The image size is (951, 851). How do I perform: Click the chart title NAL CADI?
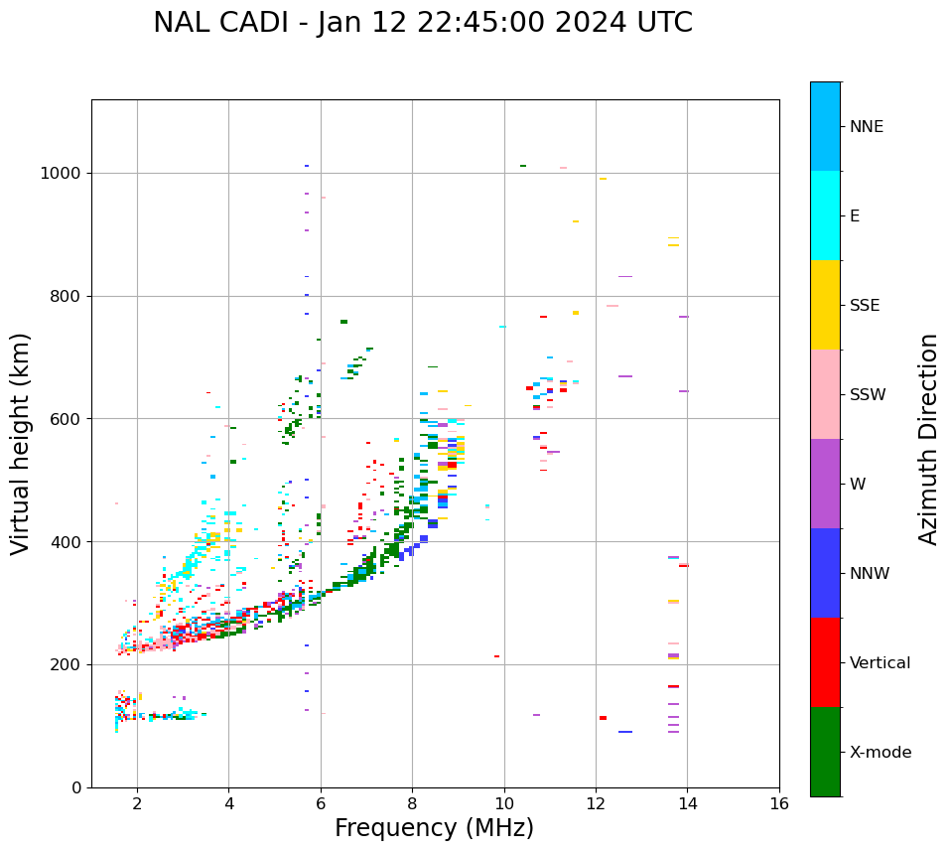422,23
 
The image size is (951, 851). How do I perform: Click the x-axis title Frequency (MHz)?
434,828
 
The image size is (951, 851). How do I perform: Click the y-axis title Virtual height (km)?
21,444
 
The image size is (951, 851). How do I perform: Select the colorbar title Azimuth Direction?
928,439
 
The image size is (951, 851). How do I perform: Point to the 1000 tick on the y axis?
62,174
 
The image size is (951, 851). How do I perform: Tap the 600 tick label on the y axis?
67,419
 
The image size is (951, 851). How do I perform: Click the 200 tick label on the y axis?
67,665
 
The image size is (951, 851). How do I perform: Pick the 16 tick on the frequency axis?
779,802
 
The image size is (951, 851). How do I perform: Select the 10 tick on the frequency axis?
503,802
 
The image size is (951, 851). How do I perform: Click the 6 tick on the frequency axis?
321,802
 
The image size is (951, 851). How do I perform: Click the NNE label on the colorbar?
866,127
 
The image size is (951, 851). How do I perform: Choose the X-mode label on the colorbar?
880,753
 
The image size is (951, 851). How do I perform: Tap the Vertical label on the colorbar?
880,663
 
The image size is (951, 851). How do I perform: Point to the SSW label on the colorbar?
868,395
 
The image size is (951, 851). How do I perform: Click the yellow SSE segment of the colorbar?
825,305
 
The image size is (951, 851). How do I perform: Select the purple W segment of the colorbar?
825,484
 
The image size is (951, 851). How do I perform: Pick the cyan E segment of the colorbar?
825,215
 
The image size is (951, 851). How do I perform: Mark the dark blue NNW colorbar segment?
825,573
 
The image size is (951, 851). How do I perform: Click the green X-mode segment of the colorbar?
825,752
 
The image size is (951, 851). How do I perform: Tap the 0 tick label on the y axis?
75,787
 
